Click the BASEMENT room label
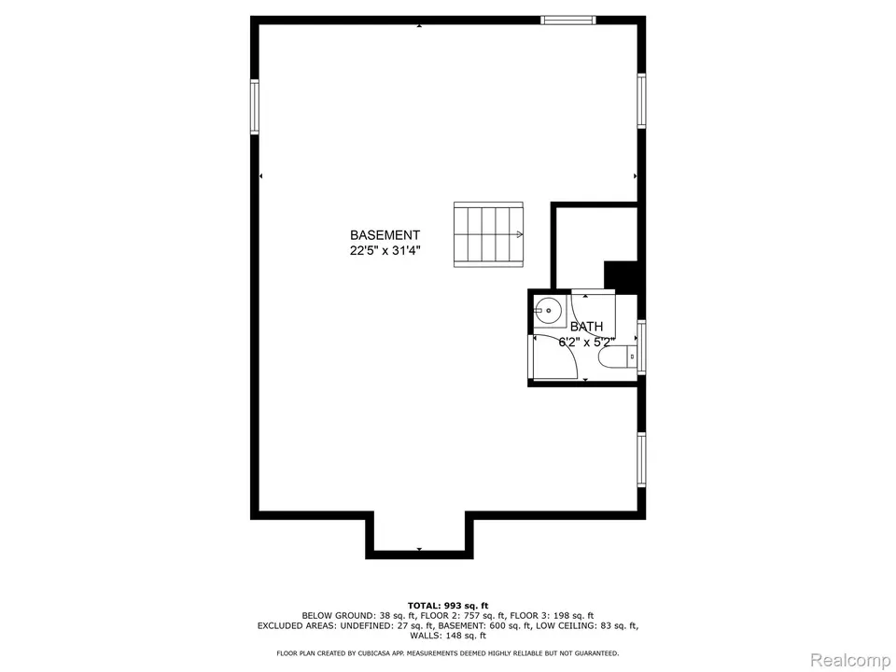point(385,235)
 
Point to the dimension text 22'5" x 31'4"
point(385,250)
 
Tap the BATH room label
point(587,327)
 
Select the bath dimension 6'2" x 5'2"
point(586,342)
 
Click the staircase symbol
point(488,234)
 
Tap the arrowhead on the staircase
point(518,235)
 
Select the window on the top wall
point(568,20)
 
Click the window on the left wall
point(255,106)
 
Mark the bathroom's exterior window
point(641,346)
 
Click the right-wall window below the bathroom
point(641,457)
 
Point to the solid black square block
point(621,277)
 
